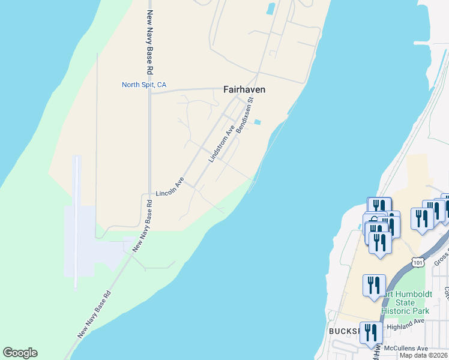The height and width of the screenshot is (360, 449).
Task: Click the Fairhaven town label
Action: (244, 89)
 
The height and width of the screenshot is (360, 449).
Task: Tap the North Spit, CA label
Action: (144, 85)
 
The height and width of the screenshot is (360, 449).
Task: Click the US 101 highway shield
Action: (418, 262)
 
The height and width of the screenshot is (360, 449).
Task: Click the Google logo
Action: (20, 353)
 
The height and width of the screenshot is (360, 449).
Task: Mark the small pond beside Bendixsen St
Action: (258, 122)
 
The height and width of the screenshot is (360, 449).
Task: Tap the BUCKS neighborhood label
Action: (343, 330)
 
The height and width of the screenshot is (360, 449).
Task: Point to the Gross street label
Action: (441, 258)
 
